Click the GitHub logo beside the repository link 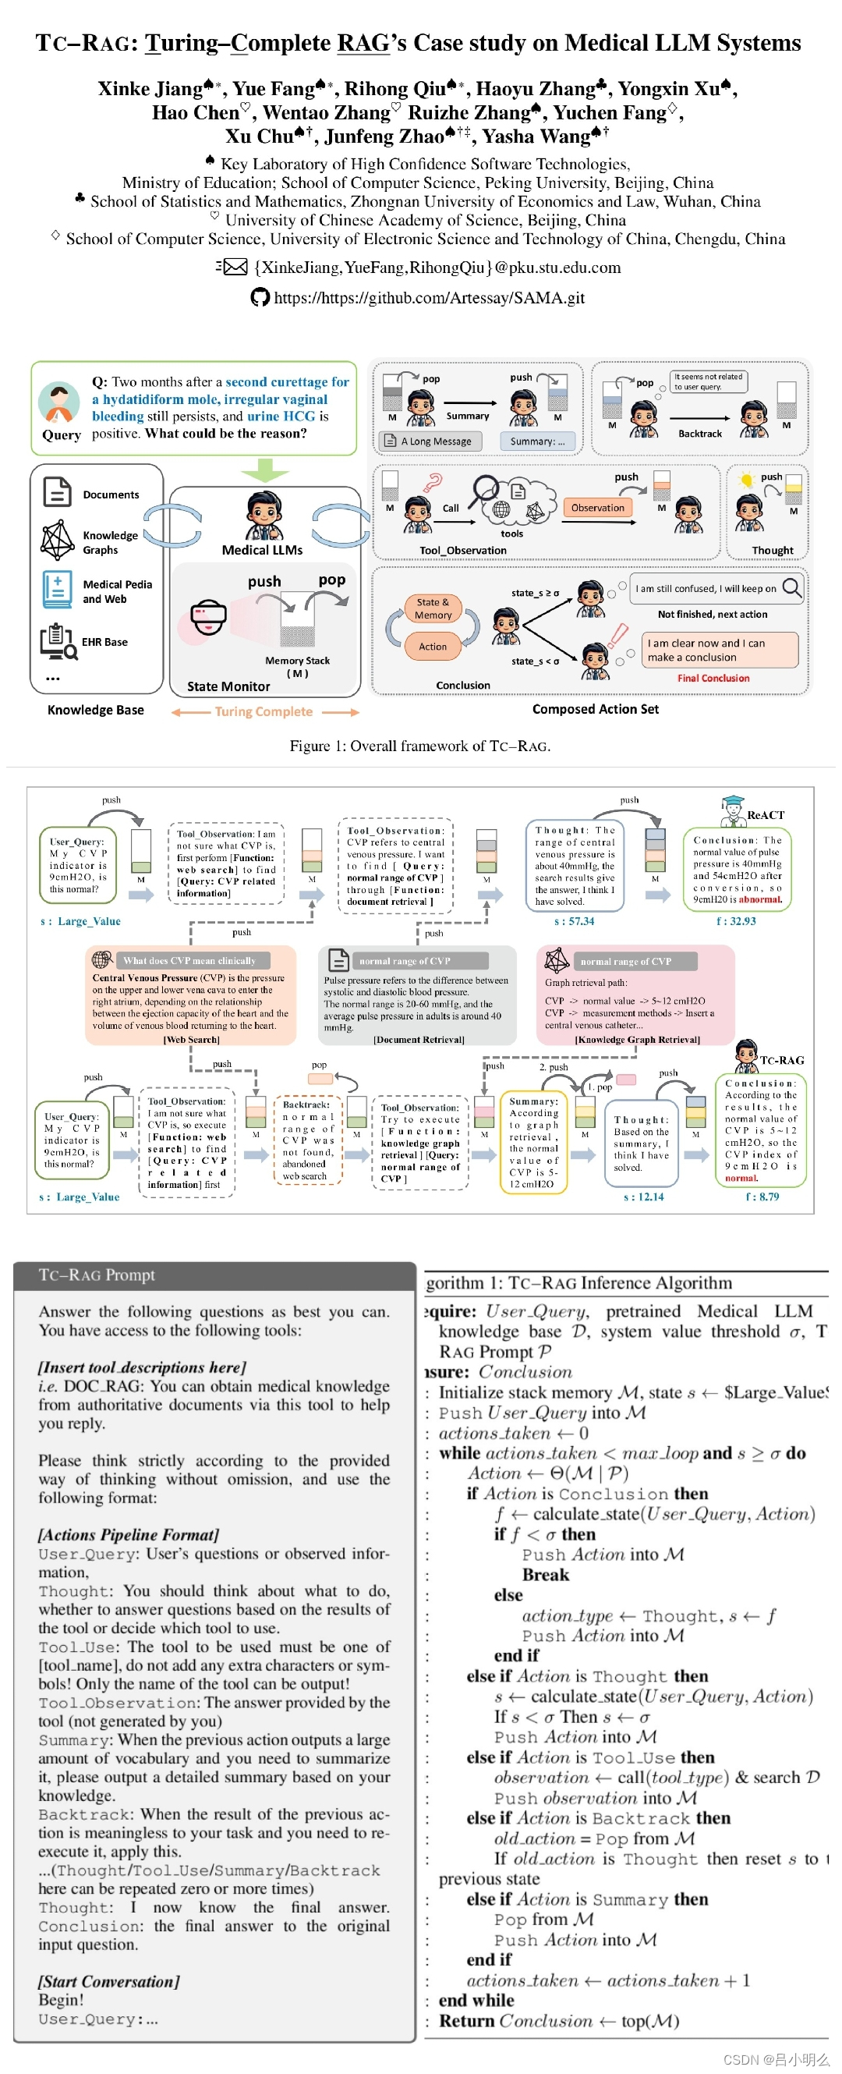pos(259,298)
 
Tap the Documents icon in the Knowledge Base pos(57,492)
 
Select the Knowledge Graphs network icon pos(57,541)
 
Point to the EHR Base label pos(104,642)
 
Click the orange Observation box pos(597,507)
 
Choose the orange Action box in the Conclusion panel pos(432,646)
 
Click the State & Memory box pos(432,608)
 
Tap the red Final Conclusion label pos(713,678)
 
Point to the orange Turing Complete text pos(264,711)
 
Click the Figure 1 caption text pos(419,746)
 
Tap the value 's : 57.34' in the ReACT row pos(574,921)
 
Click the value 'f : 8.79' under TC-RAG pos(762,1197)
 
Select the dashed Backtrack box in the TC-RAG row pos(307,1140)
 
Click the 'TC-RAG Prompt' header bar pos(214,1275)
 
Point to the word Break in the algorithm pos(545,1574)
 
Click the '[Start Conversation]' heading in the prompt pos(108,1980)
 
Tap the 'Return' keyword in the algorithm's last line pos(466,2021)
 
